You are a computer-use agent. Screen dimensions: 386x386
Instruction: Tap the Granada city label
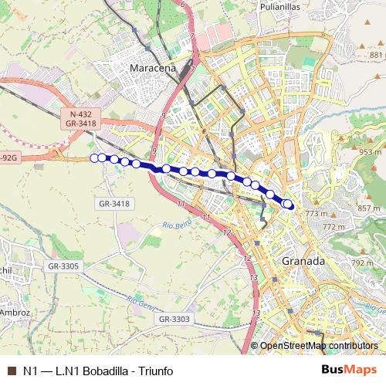(x=303, y=261)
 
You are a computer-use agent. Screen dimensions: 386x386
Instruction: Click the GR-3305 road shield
(x=63, y=266)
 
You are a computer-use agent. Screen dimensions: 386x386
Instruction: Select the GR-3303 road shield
(x=174, y=319)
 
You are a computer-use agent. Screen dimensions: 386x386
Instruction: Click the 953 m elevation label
(x=371, y=152)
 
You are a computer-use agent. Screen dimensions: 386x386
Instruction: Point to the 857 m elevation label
(x=370, y=208)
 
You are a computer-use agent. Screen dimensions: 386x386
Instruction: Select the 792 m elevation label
(x=363, y=263)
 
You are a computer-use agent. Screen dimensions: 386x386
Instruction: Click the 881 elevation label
(x=376, y=56)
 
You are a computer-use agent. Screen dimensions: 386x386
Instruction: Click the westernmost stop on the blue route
(x=95, y=158)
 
